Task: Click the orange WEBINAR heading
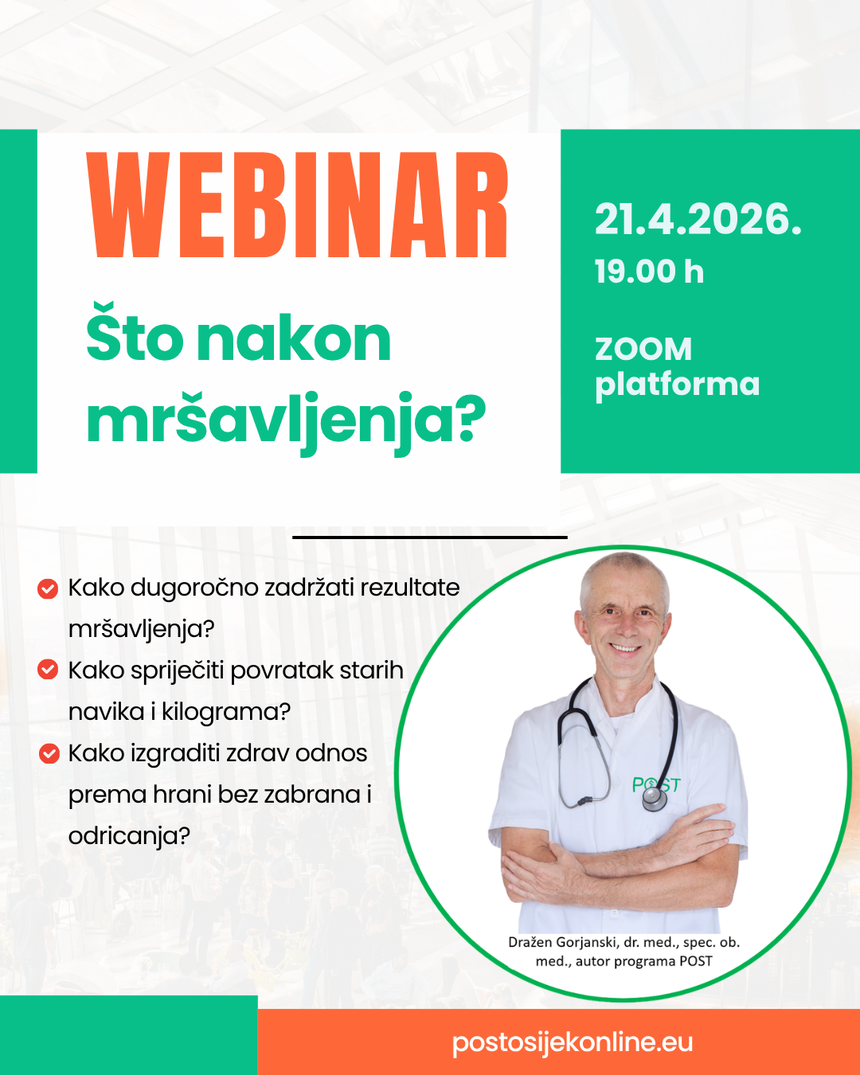coord(297,205)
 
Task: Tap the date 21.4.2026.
coord(698,219)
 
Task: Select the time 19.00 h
coord(649,272)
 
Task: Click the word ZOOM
coord(643,349)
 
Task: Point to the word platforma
coord(677,385)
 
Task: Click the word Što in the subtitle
coord(135,332)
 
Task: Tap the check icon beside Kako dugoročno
coord(48,588)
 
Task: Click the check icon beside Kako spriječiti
coord(48,670)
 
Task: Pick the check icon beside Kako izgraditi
coord(49,753)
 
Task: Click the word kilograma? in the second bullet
coord(226,713)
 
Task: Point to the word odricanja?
coord(130,836)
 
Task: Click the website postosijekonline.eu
coord(573,1042)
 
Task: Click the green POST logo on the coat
coord(656,785)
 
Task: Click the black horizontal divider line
coord(430,537)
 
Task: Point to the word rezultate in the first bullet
coord(410,588)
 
